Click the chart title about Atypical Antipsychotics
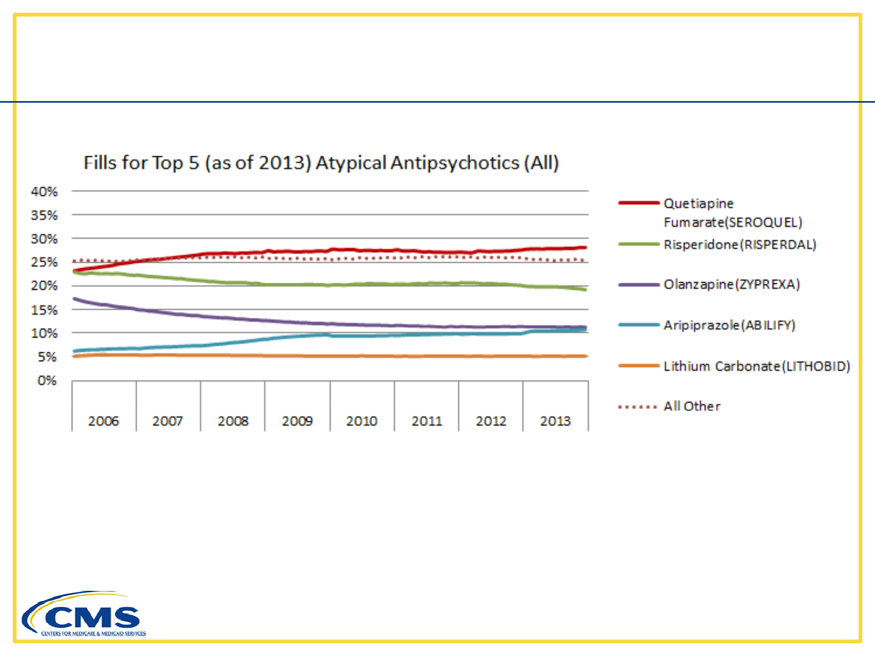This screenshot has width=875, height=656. (321, 163)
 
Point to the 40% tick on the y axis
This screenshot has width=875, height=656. (44, 192)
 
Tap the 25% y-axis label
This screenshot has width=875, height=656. (44, 262)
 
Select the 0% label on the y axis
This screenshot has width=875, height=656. (47, 380)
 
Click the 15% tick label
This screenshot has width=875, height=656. (44, 310)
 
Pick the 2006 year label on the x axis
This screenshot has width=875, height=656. (103, 421)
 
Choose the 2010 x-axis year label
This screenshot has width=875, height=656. (362, 421)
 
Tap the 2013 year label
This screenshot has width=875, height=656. (555, 421)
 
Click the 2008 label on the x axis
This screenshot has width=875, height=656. (233, 421)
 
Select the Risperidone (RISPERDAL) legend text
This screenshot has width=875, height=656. (740, 245)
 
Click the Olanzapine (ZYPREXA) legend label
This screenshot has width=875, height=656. (731, 284)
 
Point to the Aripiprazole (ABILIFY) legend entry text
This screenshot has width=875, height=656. (729, 325)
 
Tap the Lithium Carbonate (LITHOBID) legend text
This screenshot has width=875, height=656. (757, 366)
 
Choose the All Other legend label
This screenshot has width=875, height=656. (692, 406)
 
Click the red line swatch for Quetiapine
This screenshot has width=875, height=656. (639, 203)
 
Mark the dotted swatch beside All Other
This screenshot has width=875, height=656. (638, 407)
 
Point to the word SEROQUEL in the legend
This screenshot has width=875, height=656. (763, 223)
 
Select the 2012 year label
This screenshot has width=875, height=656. (491, 421)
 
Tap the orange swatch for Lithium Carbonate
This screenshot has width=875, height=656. (639, 366)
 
